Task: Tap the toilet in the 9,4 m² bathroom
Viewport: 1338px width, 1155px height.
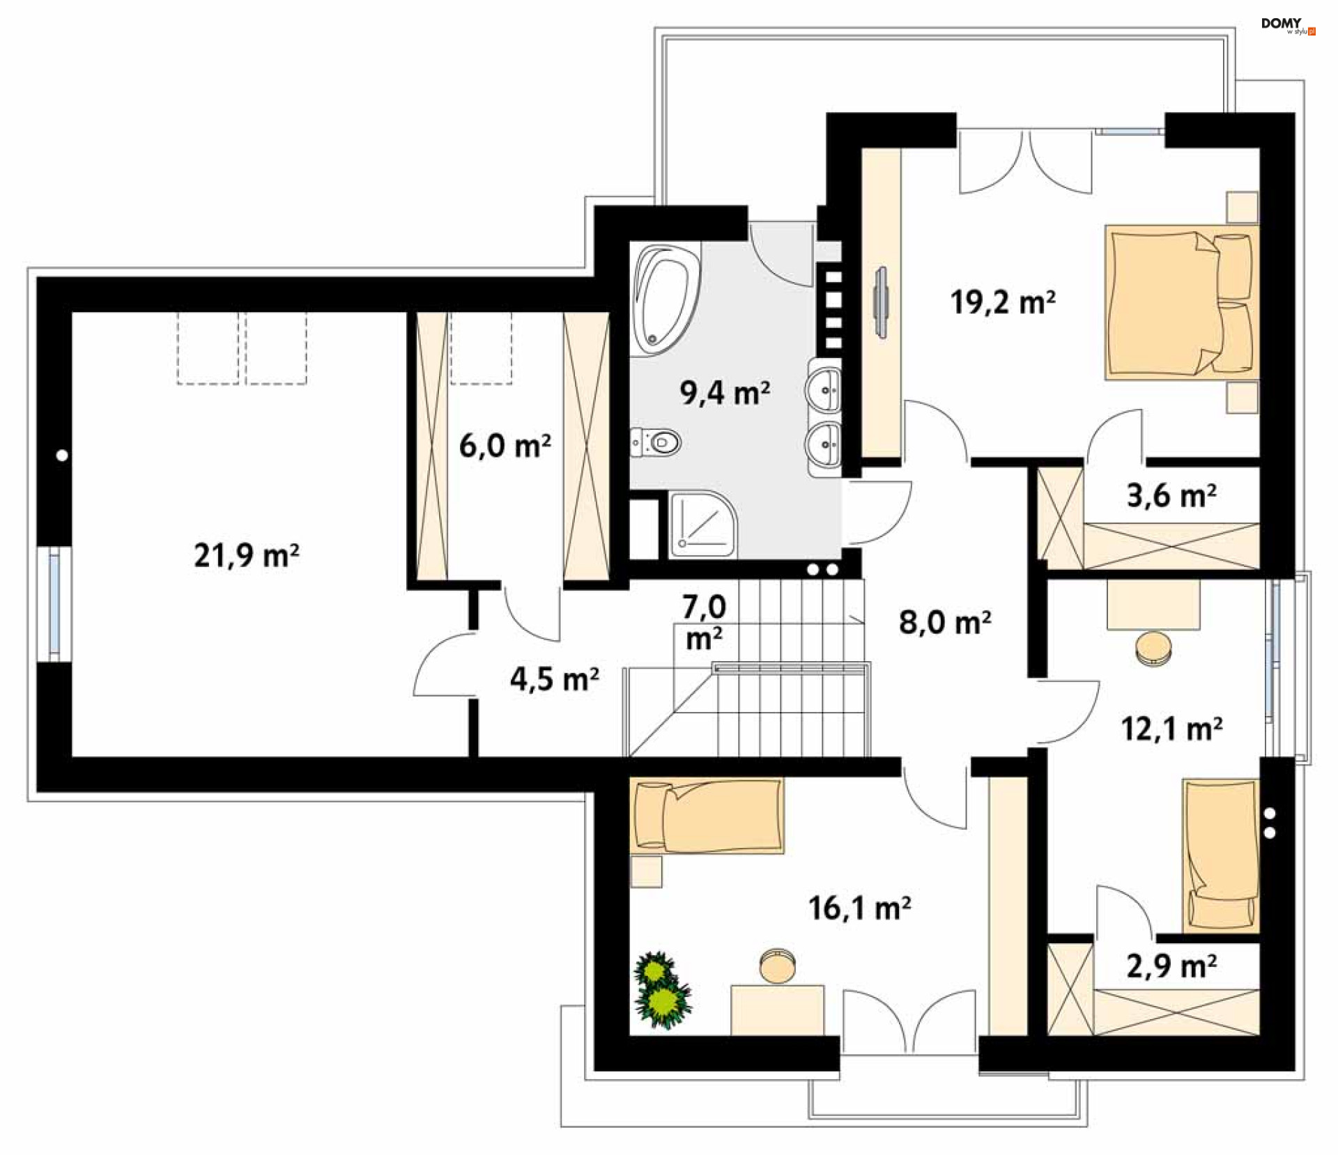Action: pos(659,442)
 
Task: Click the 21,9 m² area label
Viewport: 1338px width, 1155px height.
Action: pos(247,555)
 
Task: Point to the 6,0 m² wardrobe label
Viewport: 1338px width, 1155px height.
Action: pos(505,446)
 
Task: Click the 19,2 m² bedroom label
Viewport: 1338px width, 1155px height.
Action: pos(1002,302)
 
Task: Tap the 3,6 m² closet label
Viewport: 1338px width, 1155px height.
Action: pos(1171,495)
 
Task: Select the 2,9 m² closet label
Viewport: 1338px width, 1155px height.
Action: pos(1171,966)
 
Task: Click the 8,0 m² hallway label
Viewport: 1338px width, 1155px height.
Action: pos(944,621)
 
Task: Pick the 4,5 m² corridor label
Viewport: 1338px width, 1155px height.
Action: pos(554,679)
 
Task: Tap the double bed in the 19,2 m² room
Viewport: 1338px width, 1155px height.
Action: pos(1181,302)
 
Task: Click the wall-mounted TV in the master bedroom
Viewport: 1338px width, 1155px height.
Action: pos(882,302)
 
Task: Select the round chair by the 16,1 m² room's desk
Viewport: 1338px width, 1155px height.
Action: pos(777,966)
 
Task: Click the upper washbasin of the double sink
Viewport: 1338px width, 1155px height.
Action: pos(826,390)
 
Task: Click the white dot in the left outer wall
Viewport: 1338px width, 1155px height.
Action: pos(62,456)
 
